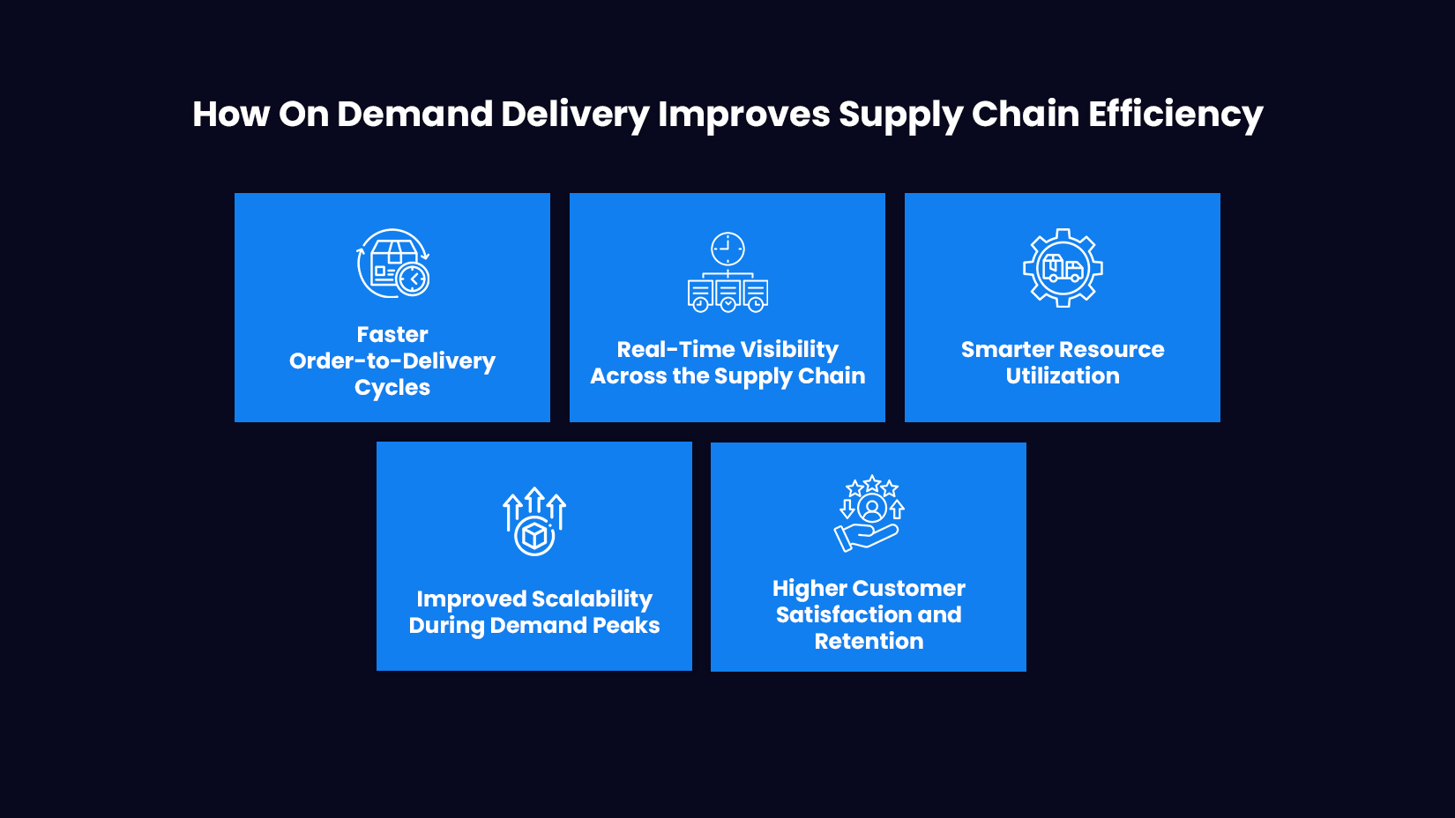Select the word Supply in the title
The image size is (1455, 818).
pyautogui.click(x=899, y=115)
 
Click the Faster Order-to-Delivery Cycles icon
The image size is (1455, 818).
pyautogui.click(x=392, y=264)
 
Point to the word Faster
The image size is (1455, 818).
pyautogui.click(x=392, y=335)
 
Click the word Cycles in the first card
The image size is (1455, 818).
pyautogui.click(x=392, y=388)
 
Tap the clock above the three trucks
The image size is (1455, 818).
pyautogui.click(x=727, y=249)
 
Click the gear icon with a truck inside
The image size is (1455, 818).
pyautogui.click(x=1063, y=268)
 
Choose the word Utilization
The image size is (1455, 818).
pyautogui.click(x=1063, y=376)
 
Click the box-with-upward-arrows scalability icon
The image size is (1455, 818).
pyautogui.click(x=533, y=522)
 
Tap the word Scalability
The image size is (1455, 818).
pyautogui.click(x=592, y=599)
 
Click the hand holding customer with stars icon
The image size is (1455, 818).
pyautogui.click(x=869, y=514)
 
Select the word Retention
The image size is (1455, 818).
pyautogui.click(x=869, y=642)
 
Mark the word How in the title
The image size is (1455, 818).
pyautogui.click(x=231, y=115)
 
